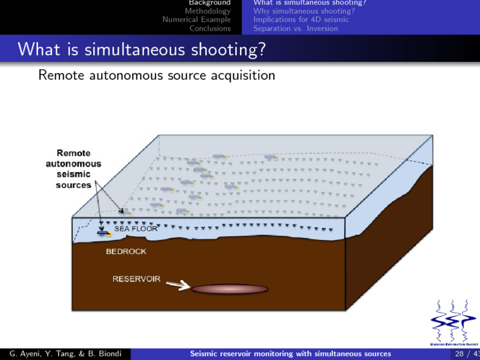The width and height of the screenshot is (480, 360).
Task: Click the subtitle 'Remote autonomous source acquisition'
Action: coord(157,75)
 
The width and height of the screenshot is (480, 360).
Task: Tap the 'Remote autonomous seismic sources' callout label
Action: coord(73,169)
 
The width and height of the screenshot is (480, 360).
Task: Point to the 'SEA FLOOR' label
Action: coord(136,229)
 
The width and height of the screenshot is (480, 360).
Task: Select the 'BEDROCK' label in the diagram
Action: coord(126,251)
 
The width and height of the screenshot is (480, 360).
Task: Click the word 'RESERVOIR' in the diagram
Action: coord(136,279)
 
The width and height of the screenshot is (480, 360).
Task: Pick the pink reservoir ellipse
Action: coord(229,289)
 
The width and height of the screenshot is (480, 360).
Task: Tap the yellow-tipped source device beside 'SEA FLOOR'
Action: coord(104,233)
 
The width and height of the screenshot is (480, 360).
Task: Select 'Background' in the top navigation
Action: coord(209,3)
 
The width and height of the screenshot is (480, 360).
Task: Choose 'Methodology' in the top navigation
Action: coord(207,11)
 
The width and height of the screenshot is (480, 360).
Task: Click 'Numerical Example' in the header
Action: coord(197,19)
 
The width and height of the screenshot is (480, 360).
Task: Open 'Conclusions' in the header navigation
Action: coord(209,28)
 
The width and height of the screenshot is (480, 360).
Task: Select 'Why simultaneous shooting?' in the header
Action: coord(303,11)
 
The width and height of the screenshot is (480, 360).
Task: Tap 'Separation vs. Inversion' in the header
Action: coord(296,28)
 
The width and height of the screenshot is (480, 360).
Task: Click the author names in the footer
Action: coord(65,353)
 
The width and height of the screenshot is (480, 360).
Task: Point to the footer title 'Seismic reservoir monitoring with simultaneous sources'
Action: coord(291,353)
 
